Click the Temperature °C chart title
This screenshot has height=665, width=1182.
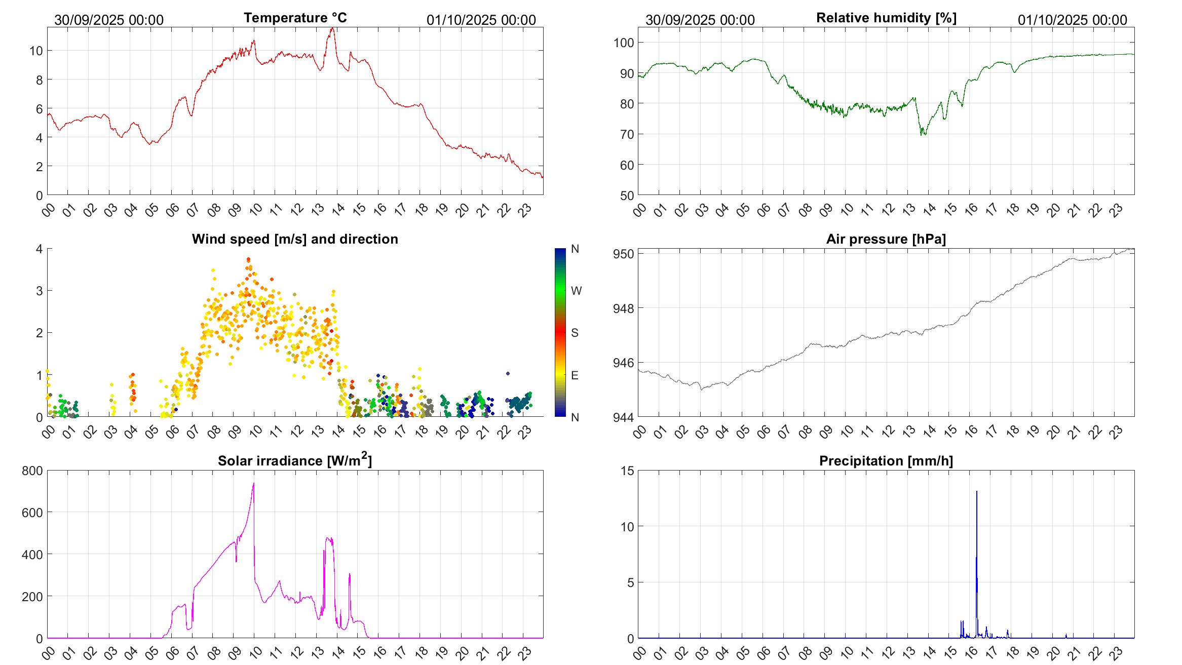pyautogui.click(x=295, y=18)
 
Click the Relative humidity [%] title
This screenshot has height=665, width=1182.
pyautogui.click(x=886, y=18)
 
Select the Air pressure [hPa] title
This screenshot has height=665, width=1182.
pyautogui.click(x=886, y=239)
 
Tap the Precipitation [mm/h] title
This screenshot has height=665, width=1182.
pyautogui.click(x=886, y=461)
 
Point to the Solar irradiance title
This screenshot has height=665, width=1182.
pyautogui.click(x=294, y=460)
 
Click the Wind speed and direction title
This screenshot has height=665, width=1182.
pyautogui.click(x=294, y=239)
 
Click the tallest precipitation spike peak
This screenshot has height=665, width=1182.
pyautogui.click(x=976, y=491)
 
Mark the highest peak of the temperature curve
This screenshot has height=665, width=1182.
pyautogui.click(x=332, y=28)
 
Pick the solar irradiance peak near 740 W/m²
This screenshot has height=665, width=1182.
pyautogui.click(x=253, y=484)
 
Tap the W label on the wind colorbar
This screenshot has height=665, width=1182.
pyautogui.click(x=576, y=291)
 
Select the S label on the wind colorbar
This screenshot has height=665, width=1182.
pyautogui.click(x=575, y=333)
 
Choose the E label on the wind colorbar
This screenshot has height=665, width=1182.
pyautogui.click(x=575, y=375)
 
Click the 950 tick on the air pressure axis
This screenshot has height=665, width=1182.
pyautogui.click(x=623, y=254)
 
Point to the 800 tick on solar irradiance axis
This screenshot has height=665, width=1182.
pyautogui.click(x=32, y=471)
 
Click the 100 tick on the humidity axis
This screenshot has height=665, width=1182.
pyautogui.click(x=624, y=43)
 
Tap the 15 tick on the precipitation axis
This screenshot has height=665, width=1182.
pyautogui.click(x=627, y=471)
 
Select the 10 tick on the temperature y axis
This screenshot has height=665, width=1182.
pyautogui.click(x=36, y=51)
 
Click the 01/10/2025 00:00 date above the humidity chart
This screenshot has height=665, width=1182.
pyautogui.click(x=1072, y=20)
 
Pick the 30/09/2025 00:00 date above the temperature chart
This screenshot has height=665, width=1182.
pyautogui.click(x=109, y=20)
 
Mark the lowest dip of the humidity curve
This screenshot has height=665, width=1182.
pyautogui.click(x=922, y=135)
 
